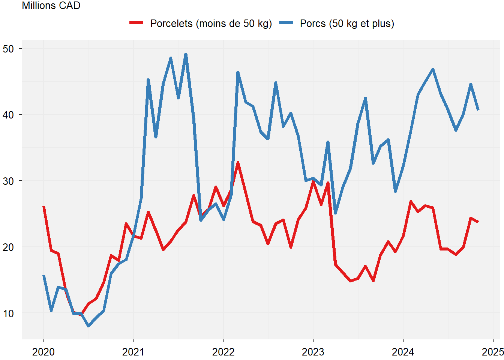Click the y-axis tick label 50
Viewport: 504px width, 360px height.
(x=8, y=49)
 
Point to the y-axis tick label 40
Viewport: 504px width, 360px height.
(x=8, y=115)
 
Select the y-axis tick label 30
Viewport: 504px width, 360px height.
(x=8, y=181)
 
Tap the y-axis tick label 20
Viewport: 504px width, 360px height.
(x=8, y=247)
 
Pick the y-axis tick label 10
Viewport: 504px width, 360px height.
(x=8, y=313)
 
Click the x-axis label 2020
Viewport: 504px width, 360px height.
(x=43, y=352)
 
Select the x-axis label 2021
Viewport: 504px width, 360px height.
(x=133, y=352)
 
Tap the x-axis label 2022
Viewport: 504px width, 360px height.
(x=223, y=352)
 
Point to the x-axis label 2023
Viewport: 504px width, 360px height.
(x=313, y=352)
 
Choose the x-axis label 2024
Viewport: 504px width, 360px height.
(x=403, y=352)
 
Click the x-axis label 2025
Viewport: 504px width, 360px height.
(x=492, y=352)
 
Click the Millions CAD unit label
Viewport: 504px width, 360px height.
(x=51, y=6)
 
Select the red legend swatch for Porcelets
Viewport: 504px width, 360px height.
(x=136, y=23)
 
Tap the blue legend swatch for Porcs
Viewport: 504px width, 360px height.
(x=286, y=23)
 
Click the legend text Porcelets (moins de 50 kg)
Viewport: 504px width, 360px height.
(x=211, y=24)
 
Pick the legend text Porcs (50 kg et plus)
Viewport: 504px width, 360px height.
(x=347, y=24)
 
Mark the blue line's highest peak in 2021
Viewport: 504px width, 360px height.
(x=186, y=54)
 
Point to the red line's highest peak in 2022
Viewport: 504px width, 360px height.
(x=238, y=163)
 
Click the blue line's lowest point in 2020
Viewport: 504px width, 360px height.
(x=88, y=326)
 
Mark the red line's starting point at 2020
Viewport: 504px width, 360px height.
(x=44, y=207)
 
